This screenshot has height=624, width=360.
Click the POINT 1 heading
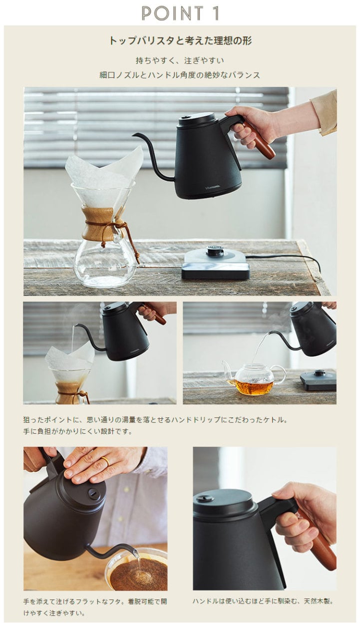pos(180,13)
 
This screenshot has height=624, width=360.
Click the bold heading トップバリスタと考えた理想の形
pos(180,41)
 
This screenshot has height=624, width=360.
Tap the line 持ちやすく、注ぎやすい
pos(180,60)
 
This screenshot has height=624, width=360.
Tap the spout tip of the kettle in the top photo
pos(133,135)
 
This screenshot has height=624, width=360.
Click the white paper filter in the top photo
pos(104,167)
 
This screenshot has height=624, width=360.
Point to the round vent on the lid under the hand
pos(92,493)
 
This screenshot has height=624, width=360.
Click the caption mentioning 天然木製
pos(263,594)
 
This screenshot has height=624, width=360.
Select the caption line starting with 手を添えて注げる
pos(95,594)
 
